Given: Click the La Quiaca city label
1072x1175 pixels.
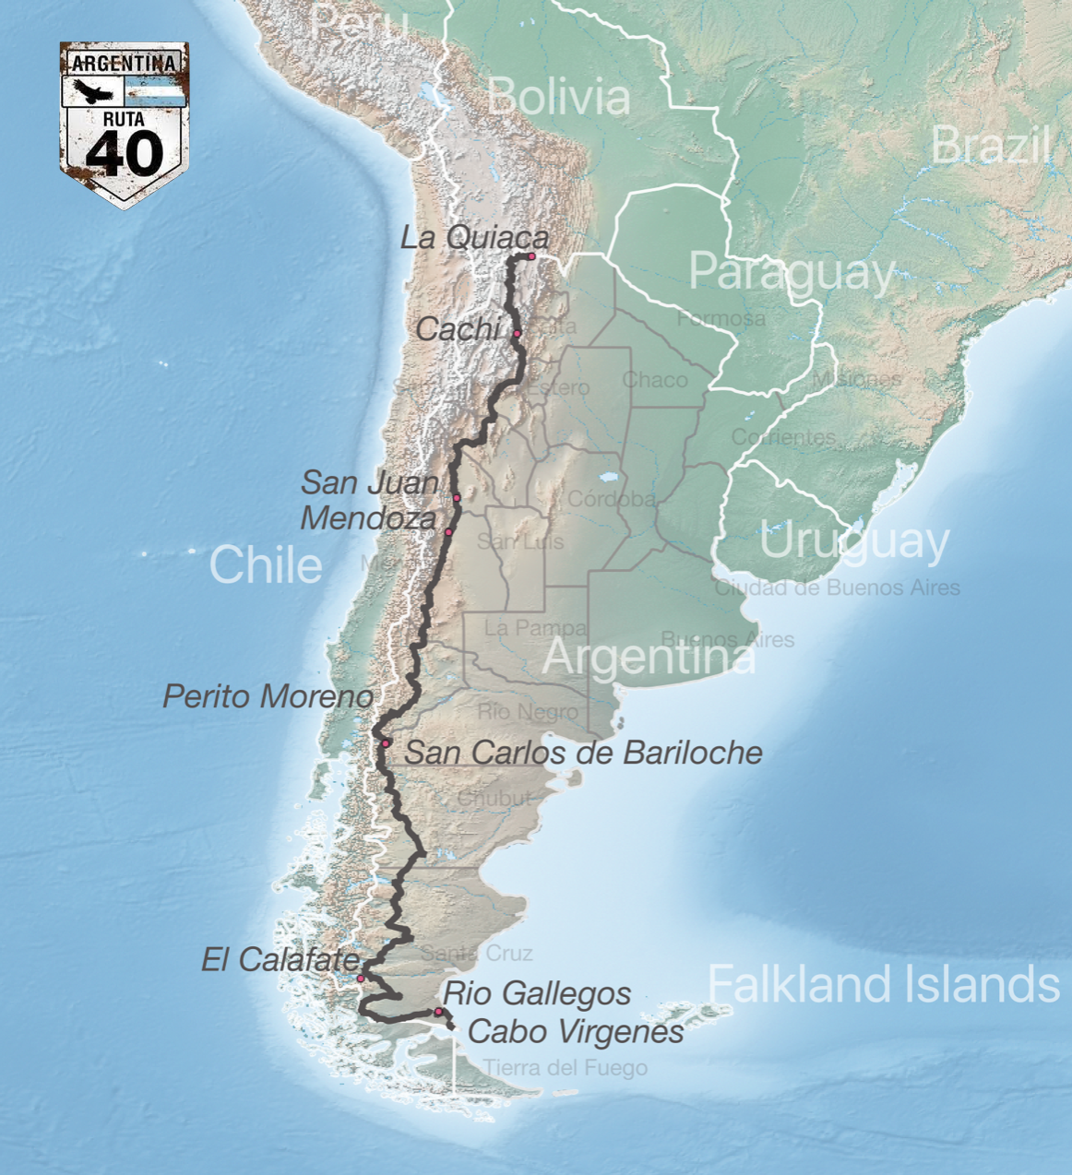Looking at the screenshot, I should (x=474, y=237).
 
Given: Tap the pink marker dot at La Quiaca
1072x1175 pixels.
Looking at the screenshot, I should (x=531, y=256).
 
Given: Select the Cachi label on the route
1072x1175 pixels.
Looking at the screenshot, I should (x=458, y=328).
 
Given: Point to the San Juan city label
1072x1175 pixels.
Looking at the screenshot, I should (x=370, y=482).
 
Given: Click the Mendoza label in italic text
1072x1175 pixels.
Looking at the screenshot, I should (x=368, y=518).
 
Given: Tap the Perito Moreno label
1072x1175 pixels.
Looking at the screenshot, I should (x=268, y=696).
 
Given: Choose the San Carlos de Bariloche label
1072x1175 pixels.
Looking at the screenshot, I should (x=584, y=753).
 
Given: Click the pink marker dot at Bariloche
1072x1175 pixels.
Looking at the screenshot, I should (x=386, y=743).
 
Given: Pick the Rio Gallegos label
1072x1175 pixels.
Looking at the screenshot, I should (x=537, y=994).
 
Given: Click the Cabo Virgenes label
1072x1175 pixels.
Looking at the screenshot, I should (x=576, y=1032).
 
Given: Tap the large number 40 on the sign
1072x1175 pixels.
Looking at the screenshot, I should (x=125, y=153).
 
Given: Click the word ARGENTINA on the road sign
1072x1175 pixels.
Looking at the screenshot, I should (x=125, y=64).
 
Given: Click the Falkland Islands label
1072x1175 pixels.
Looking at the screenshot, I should (x=884, y=984).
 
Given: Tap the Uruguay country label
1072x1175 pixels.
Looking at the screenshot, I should (x=854, y=542).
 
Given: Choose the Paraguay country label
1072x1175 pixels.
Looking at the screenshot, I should (x=792, y=273).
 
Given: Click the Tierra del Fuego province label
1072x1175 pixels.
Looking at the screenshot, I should (x=565, y=1068).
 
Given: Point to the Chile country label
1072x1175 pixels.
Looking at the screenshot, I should (x=266, y=564).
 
